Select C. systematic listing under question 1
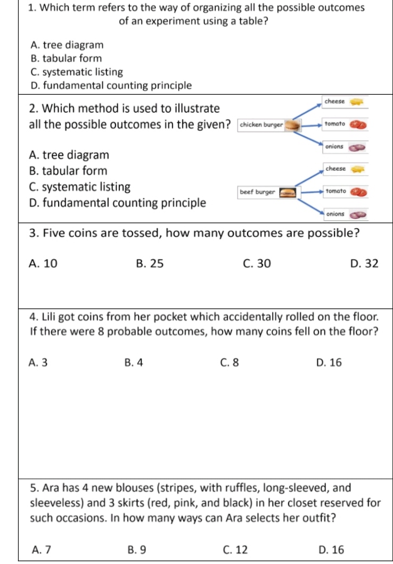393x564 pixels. (x=77, y=72)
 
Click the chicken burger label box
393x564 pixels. (x=261, y=125)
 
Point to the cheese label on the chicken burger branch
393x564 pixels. (x=335, y=101)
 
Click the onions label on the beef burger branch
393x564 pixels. (x=335, y=213)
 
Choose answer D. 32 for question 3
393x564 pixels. (x=364, y=263)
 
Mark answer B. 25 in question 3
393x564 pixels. (x=150, y=263)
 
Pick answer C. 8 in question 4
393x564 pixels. (x=229, y=363)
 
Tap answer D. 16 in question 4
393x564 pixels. (x=329, y=363)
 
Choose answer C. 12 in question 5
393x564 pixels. (x=235, y=550)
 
